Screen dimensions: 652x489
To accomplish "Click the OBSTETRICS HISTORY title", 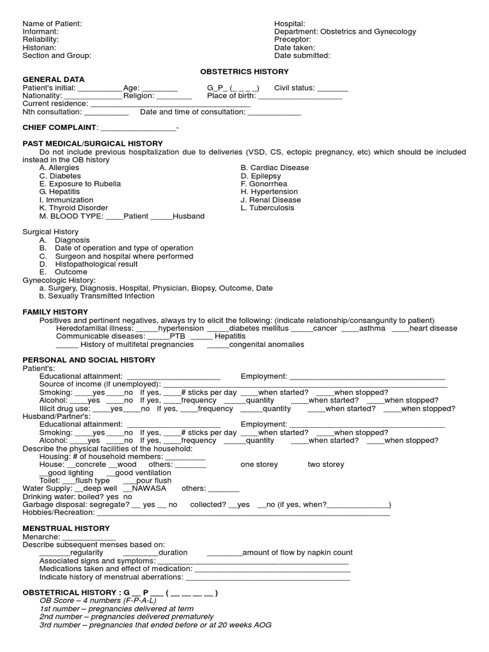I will coord(244,72).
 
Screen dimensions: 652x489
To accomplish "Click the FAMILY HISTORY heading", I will coord(55,312).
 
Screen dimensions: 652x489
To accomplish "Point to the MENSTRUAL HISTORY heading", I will coord(66,528).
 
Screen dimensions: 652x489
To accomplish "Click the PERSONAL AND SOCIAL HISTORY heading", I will coord(89,360).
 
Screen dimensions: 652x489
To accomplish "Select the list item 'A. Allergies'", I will coord(60,168).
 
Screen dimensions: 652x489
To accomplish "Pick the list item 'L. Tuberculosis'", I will coord(267,208).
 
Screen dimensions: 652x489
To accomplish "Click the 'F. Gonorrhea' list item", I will coord(266,184).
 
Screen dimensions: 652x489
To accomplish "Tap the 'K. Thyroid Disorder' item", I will coord(73,208).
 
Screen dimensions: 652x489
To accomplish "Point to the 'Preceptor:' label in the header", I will coord(292,39).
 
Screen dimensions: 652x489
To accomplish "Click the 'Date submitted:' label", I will coord(302,55).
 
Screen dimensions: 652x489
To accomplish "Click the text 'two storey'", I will coord(325,465).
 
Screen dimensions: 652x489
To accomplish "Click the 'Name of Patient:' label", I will coord(52,24).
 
